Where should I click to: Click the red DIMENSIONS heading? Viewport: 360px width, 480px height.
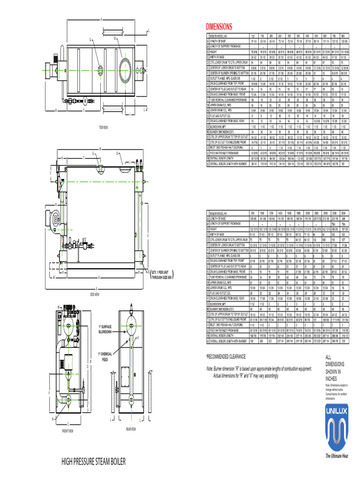(219, 27)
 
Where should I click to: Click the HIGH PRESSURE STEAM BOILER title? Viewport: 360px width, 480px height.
(94, 462)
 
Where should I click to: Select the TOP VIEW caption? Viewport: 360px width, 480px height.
(104, 127)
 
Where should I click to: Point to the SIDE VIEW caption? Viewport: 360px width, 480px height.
(94, 294)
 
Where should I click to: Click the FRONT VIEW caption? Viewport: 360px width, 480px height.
(67, 430)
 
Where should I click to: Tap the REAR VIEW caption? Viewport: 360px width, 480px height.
(130, 429)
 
